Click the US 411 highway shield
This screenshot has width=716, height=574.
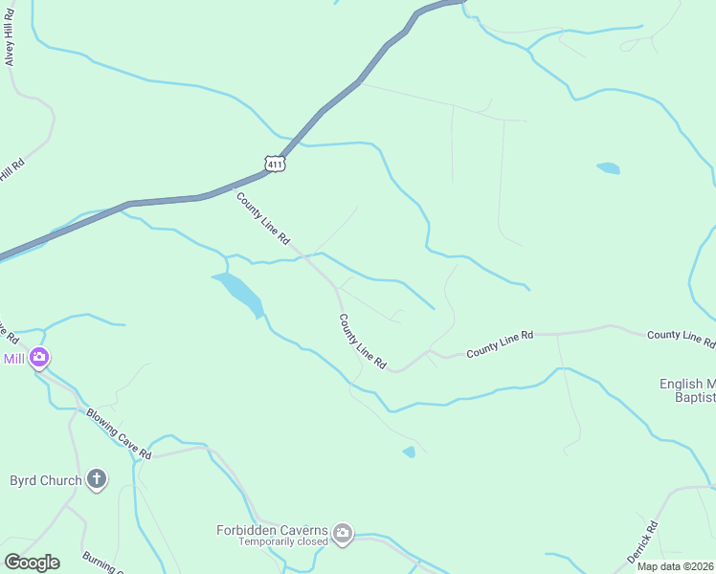[x=275, y=164]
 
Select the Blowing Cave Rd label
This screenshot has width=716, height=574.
[x=119, y=433]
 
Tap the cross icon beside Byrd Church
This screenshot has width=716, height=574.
[x=96, y=479]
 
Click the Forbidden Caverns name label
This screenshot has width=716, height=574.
[x=272, y=530]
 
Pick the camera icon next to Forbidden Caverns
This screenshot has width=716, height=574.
[x=343, y=533]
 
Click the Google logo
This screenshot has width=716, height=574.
[x=32, y=563]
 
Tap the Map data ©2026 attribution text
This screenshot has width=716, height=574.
[x=675, y=566]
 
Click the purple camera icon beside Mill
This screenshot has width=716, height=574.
[x=39, y=359]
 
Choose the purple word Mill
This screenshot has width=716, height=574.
[x=13, y=359]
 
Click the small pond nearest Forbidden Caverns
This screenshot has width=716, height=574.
[x=409, y=452]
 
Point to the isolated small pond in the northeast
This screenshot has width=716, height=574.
[x=608, y=168]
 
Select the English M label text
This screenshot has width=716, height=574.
[x=686, y=384]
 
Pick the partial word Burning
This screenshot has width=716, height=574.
[x=100, y=563]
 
